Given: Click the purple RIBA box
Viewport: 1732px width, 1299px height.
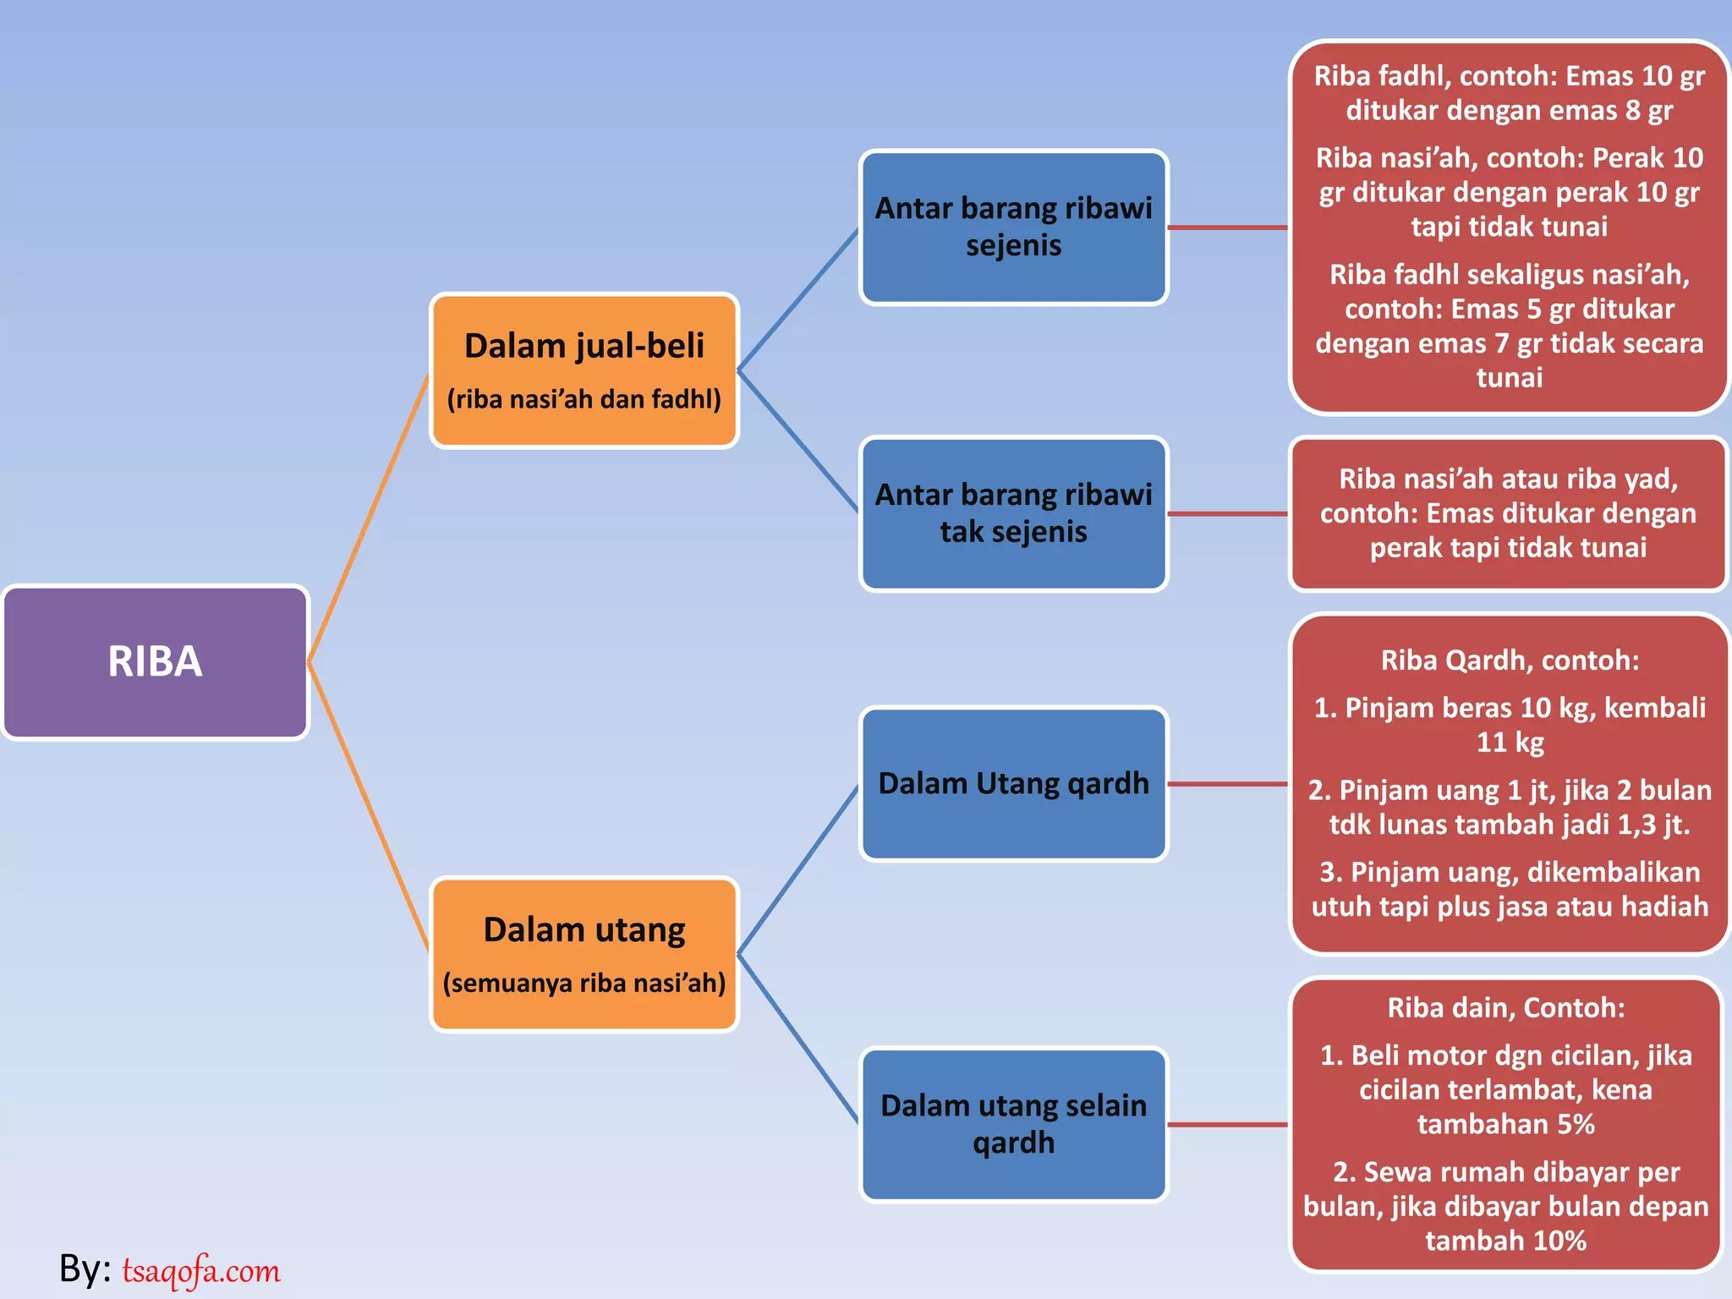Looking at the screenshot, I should click(x=155, y=662).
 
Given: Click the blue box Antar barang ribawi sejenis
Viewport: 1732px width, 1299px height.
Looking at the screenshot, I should click(x=1013, y=227).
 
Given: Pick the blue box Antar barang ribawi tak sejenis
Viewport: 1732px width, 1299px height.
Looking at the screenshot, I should click(x=1013, y=513).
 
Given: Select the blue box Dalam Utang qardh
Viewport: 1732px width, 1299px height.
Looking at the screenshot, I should click(x=1013, y=784).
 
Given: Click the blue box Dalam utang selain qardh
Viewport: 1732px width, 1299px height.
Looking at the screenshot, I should click(x=1013, y=1124).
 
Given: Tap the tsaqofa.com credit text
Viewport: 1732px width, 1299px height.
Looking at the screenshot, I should click(x=201, y=1270).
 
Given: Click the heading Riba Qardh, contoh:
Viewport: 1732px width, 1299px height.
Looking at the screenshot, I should click(x=1510, y=660).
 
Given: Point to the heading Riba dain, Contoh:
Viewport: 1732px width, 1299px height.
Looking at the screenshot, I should click(x=1505, y=1008).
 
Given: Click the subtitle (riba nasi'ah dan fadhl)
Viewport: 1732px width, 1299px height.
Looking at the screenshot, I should click(x=584, y=399).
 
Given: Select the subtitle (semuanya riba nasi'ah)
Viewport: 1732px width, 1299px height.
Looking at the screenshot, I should click(x=584, y=984).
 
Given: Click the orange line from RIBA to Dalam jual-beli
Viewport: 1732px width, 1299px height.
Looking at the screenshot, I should click(x=369, y=518).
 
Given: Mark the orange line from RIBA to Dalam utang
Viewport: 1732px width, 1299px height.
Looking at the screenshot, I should click(x=369, y=807).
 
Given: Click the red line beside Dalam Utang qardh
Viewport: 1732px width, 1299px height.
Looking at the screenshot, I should click(x=1227, y=784).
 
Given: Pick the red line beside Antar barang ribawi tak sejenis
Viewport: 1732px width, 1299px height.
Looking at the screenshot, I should click(x=1227, y=513).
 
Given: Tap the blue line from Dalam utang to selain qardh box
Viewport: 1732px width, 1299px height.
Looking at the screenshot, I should click(x=797, y=1039).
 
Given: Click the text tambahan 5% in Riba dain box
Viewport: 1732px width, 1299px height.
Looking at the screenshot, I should click(x=1505, y=1125).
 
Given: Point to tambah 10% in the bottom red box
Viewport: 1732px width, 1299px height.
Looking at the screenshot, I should click(x=1505, y=1241).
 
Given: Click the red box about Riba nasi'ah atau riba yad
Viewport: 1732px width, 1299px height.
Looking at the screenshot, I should click(x=1508, y=513).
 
